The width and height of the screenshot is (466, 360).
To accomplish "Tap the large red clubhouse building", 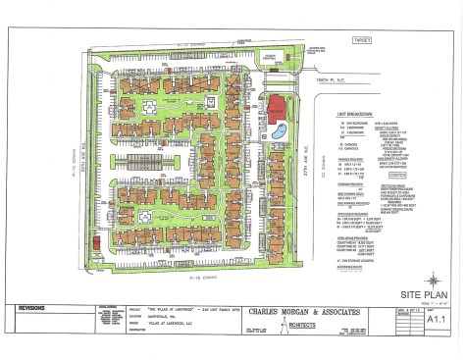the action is [x=278, y=108].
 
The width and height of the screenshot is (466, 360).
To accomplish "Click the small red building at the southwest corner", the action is [x=96, y=239].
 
